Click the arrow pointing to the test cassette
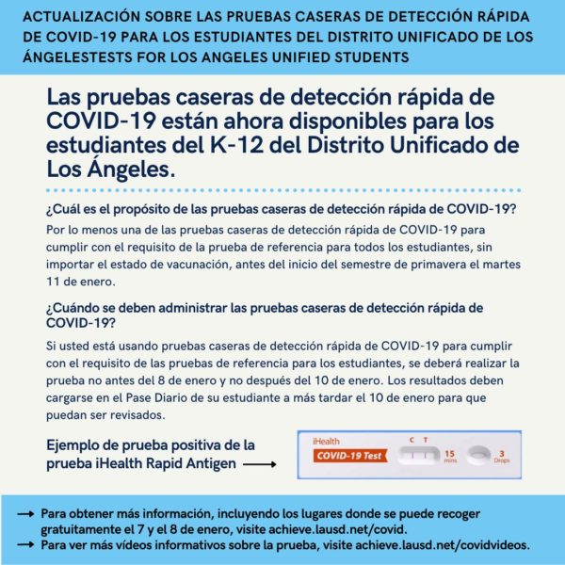[x=260, y=464]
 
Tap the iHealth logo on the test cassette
[x=326, y=441]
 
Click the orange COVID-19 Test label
[x=350, y=456]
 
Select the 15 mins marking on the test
[x=450, y=456]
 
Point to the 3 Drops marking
[x=501, y=457]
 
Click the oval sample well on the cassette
[x=478, y=455]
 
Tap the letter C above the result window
[x=412, y=440]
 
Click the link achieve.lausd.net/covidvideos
[x=443, y=545]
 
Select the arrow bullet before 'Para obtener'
[x=25, y=514]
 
